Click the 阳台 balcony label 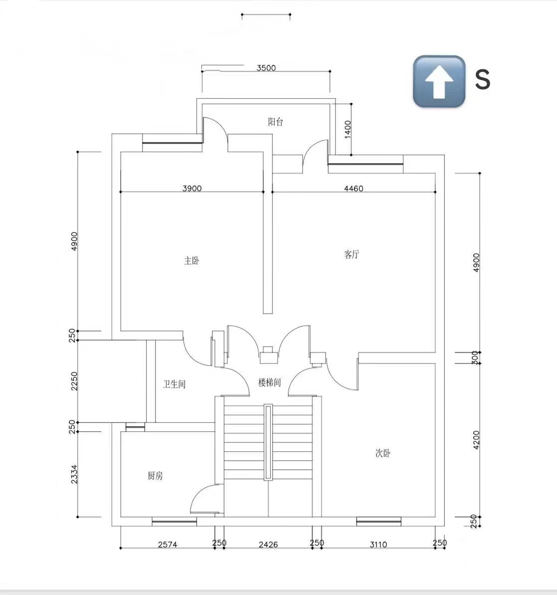[275, 122]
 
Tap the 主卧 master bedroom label [191, 261]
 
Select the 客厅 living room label [352, 254]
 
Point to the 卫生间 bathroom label [174, 384]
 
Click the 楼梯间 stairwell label [269, 382]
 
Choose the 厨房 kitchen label [155, 475]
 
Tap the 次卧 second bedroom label [383, 453]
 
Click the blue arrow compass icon [439, 81]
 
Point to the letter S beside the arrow [483, 79]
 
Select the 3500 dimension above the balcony [266, 68]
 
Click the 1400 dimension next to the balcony [348, 129]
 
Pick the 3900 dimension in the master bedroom [192, 188]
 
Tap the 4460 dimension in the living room [354, 188]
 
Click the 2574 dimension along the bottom [168, 545]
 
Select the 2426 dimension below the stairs [268, 545]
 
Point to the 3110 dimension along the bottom [378, 545]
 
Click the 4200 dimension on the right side [477, 440]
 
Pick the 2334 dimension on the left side [74, 474]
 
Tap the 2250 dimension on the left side [74, 381]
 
